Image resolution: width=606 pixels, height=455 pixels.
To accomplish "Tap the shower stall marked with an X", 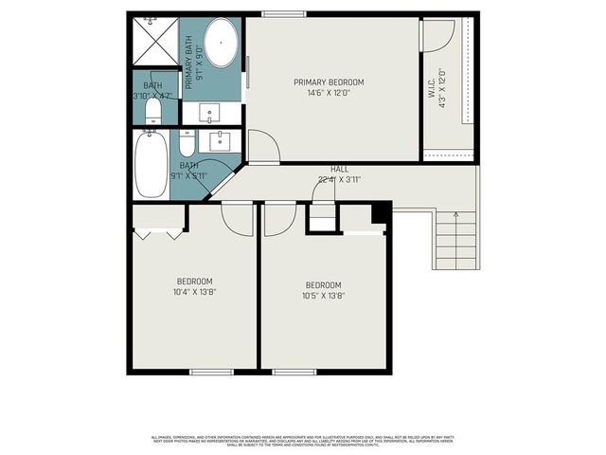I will click(x=151, y=42).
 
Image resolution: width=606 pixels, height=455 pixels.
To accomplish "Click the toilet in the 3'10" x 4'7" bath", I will click(x=153, y=111).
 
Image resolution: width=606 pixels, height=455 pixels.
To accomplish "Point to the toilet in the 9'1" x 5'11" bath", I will click(x=187, y=144).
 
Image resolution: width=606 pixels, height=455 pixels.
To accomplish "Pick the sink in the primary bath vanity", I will click(x=211, y=112).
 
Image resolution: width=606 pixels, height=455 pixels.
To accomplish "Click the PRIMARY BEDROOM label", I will click(x=328, y=82).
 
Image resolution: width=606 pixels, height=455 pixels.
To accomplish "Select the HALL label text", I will click(x=339, y=169).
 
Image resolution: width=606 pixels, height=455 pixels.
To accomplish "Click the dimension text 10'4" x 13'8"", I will click(x=194, y=292).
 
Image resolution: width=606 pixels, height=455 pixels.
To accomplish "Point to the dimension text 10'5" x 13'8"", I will click(x=323, y=296).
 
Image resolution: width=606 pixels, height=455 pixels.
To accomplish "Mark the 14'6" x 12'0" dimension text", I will click(x=328, y=93).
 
